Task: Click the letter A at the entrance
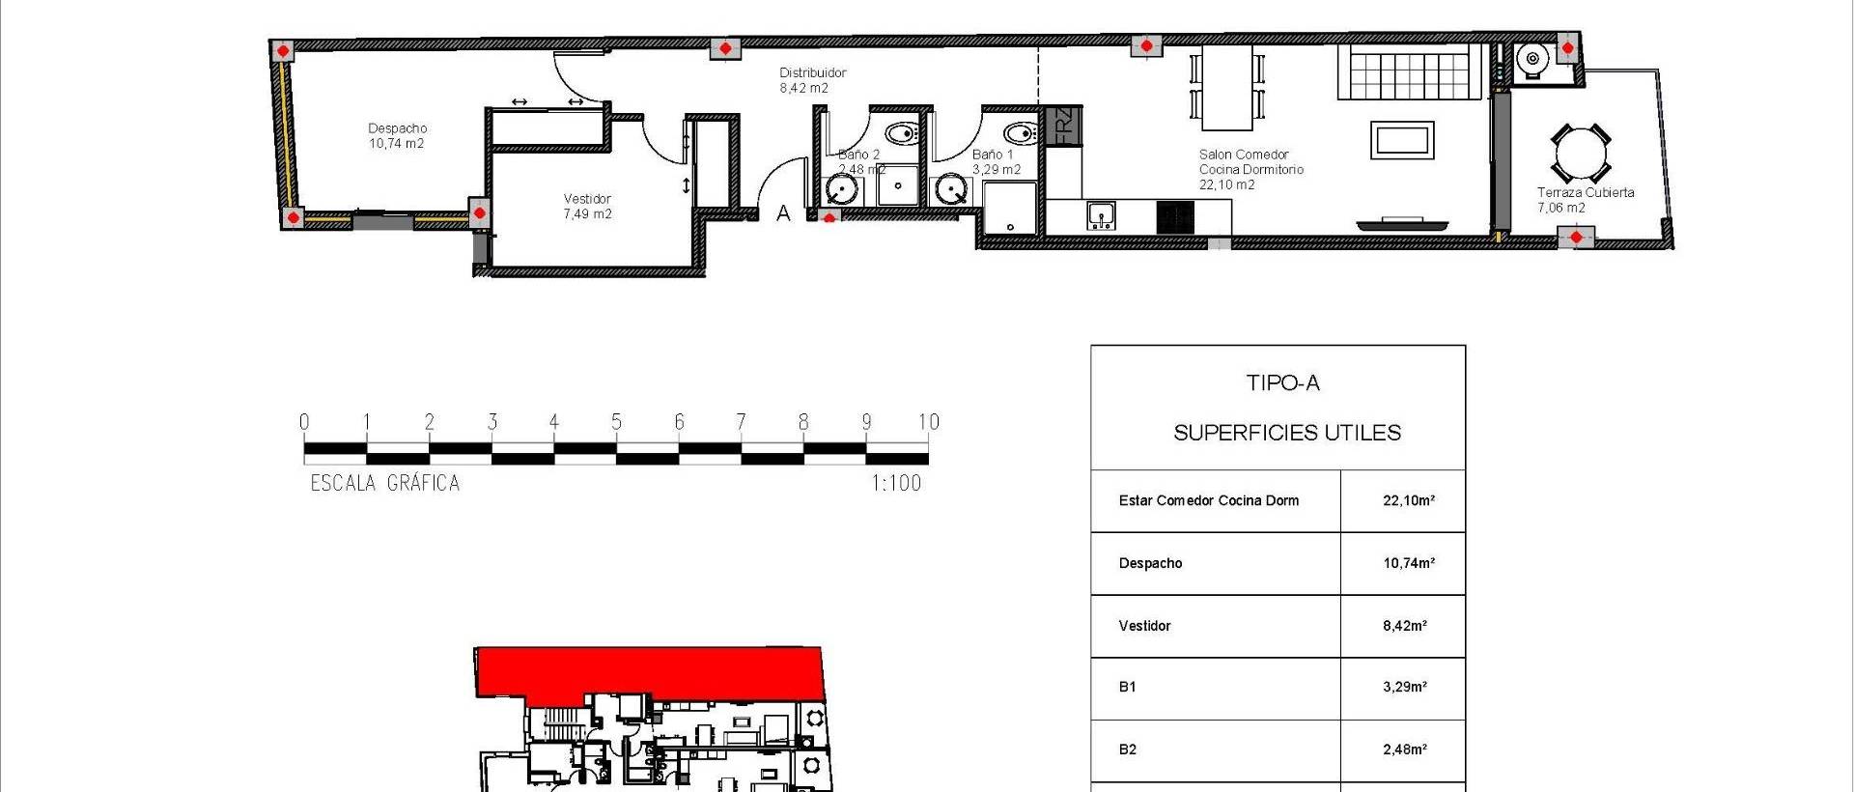(x=783, y=213)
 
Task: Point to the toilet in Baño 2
(x=902, y=132)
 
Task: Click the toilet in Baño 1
(x=1020, y=132)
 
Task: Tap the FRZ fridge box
(x=1062, y=127)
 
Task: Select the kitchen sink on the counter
(x=1100, y=214)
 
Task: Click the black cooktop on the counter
(x=1175, y=216)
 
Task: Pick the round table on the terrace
(x=1581, y=154)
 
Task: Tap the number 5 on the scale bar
(x=616, y=422)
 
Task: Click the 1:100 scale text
(x=896, y=483)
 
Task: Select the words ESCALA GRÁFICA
(x=384, y=483)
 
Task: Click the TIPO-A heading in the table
(x=1282, y=383)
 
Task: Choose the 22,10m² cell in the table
(x=1408, y=500)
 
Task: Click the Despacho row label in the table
(x=1150, y=563)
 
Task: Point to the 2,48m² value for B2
(x=1404, y=750)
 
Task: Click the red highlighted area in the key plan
(x=647, y=670)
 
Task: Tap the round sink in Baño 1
(x=952, y=190)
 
